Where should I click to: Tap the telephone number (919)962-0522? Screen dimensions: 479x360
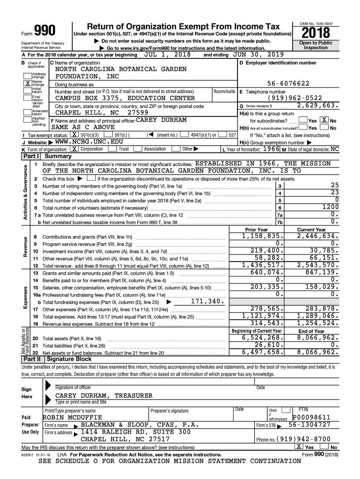coord(295,98)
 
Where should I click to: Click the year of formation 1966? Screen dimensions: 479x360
coord(271,149)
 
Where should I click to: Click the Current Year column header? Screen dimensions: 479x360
coord(311,230)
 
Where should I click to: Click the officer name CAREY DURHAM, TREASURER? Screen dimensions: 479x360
coord(104,395)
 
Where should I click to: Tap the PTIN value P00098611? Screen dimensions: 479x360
coord(311,417)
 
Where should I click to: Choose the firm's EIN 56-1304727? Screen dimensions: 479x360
coord(309,425)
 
